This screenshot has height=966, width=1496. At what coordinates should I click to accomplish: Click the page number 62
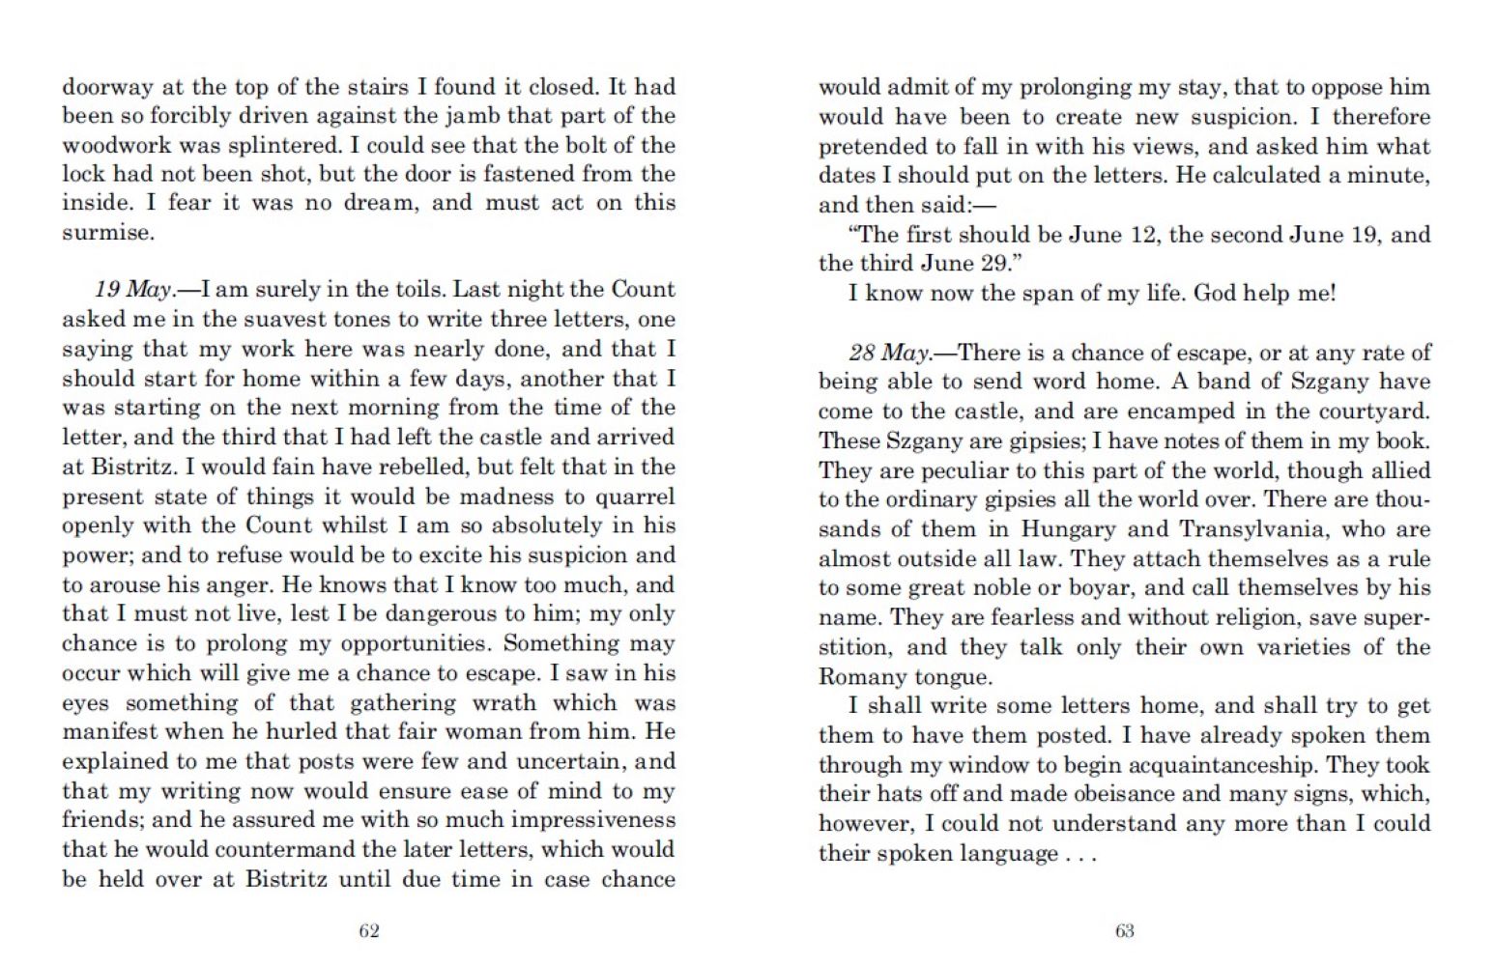368,931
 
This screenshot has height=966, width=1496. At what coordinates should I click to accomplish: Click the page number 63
1124,931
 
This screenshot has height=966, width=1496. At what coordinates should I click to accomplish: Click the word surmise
106,233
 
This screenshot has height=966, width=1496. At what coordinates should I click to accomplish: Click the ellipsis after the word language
1081,855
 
